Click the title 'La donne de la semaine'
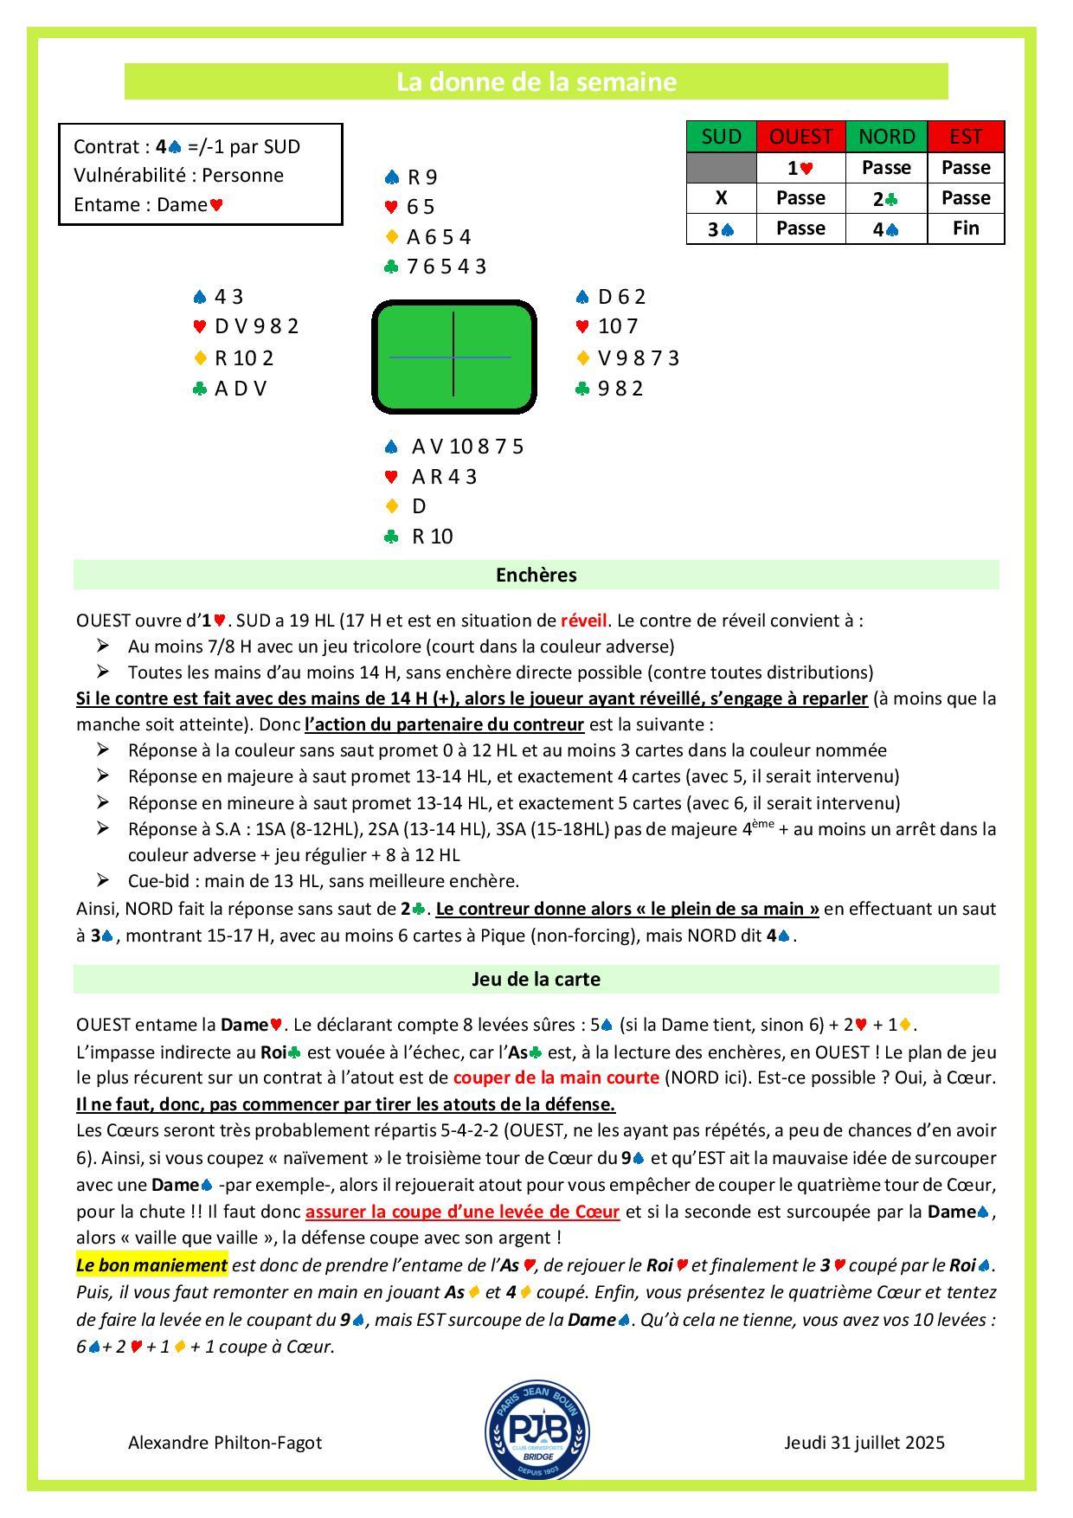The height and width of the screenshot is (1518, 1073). pos(536,82)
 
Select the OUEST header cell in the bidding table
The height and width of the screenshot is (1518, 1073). pos(800,137)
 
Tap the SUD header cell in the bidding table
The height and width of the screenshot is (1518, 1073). pos(721,137)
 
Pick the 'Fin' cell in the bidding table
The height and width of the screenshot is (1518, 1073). pos(966,228)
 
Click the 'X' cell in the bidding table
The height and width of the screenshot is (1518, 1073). pos(721,198)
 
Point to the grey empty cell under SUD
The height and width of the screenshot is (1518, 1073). pos(721,168)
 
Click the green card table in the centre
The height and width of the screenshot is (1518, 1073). pos(453,357)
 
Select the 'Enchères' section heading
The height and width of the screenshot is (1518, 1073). pos(536,575)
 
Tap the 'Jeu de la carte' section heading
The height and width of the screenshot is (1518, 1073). pos(536,979)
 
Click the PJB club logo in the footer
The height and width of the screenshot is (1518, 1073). pos(536,1429)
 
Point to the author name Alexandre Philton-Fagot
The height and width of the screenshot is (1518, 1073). pos(225,1443)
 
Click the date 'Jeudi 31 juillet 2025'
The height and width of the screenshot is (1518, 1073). pos(864,1443)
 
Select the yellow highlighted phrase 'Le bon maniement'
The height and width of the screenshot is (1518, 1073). pos(151,1265)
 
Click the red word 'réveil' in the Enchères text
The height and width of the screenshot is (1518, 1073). pos(584,621)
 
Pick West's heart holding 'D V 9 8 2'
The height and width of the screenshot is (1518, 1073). pos(256,327)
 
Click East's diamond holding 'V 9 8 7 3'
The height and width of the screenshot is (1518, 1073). pos(638,358)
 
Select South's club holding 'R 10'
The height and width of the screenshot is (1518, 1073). pos(432,537)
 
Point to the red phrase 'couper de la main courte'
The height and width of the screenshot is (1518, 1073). pos(556,1078)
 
